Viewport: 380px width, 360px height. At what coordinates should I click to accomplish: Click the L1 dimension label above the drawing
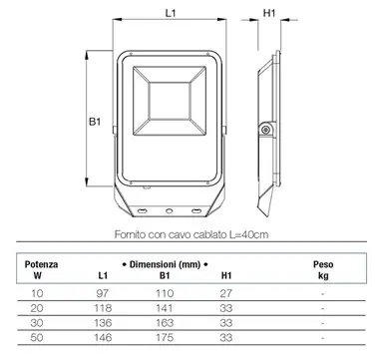click(171, 13)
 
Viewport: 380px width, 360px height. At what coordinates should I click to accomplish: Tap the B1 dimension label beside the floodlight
click(95, 122)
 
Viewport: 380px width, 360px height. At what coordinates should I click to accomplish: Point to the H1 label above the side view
click(269, 13)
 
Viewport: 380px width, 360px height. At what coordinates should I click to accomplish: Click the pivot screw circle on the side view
click(265, 130)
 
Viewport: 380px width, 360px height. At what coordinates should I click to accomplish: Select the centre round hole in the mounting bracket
click(170, 210)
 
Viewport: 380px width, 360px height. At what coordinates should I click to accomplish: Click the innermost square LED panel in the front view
click(170, 101)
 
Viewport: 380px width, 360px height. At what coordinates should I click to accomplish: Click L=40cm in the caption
click(249, 234)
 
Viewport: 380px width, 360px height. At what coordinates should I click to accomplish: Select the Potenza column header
click(41, 264)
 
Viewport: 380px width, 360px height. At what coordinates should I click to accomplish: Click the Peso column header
click(323, 264)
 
